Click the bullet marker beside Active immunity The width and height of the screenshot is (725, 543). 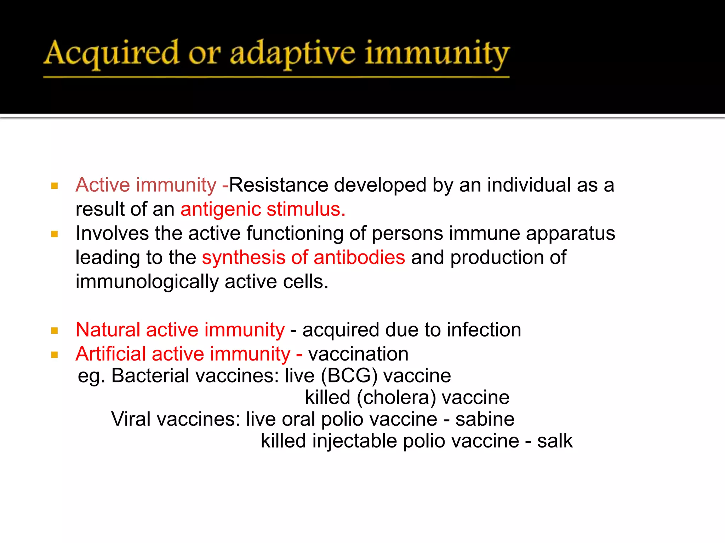pyautogui.click(x=55, y=186)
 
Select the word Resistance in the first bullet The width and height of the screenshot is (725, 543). pyautogui.click(x=280, y=185)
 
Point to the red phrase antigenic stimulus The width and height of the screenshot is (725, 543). pyautogui.click(x=263, y=209)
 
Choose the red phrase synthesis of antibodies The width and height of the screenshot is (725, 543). pyautogui.click(x=303, y=257)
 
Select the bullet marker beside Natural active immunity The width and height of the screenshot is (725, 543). pyautogui.click(x=55, y=331)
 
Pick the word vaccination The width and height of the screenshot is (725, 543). pyautogui.click(x=358, y=354)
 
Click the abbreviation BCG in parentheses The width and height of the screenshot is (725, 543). pyautogui.click(x=349, y=375)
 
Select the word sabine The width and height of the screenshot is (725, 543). pyautogui.click(x=485, y=419)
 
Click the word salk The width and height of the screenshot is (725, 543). pyautogui.click(x=554, y=441)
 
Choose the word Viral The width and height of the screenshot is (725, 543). pyautogui.click(x=131, y=419)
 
